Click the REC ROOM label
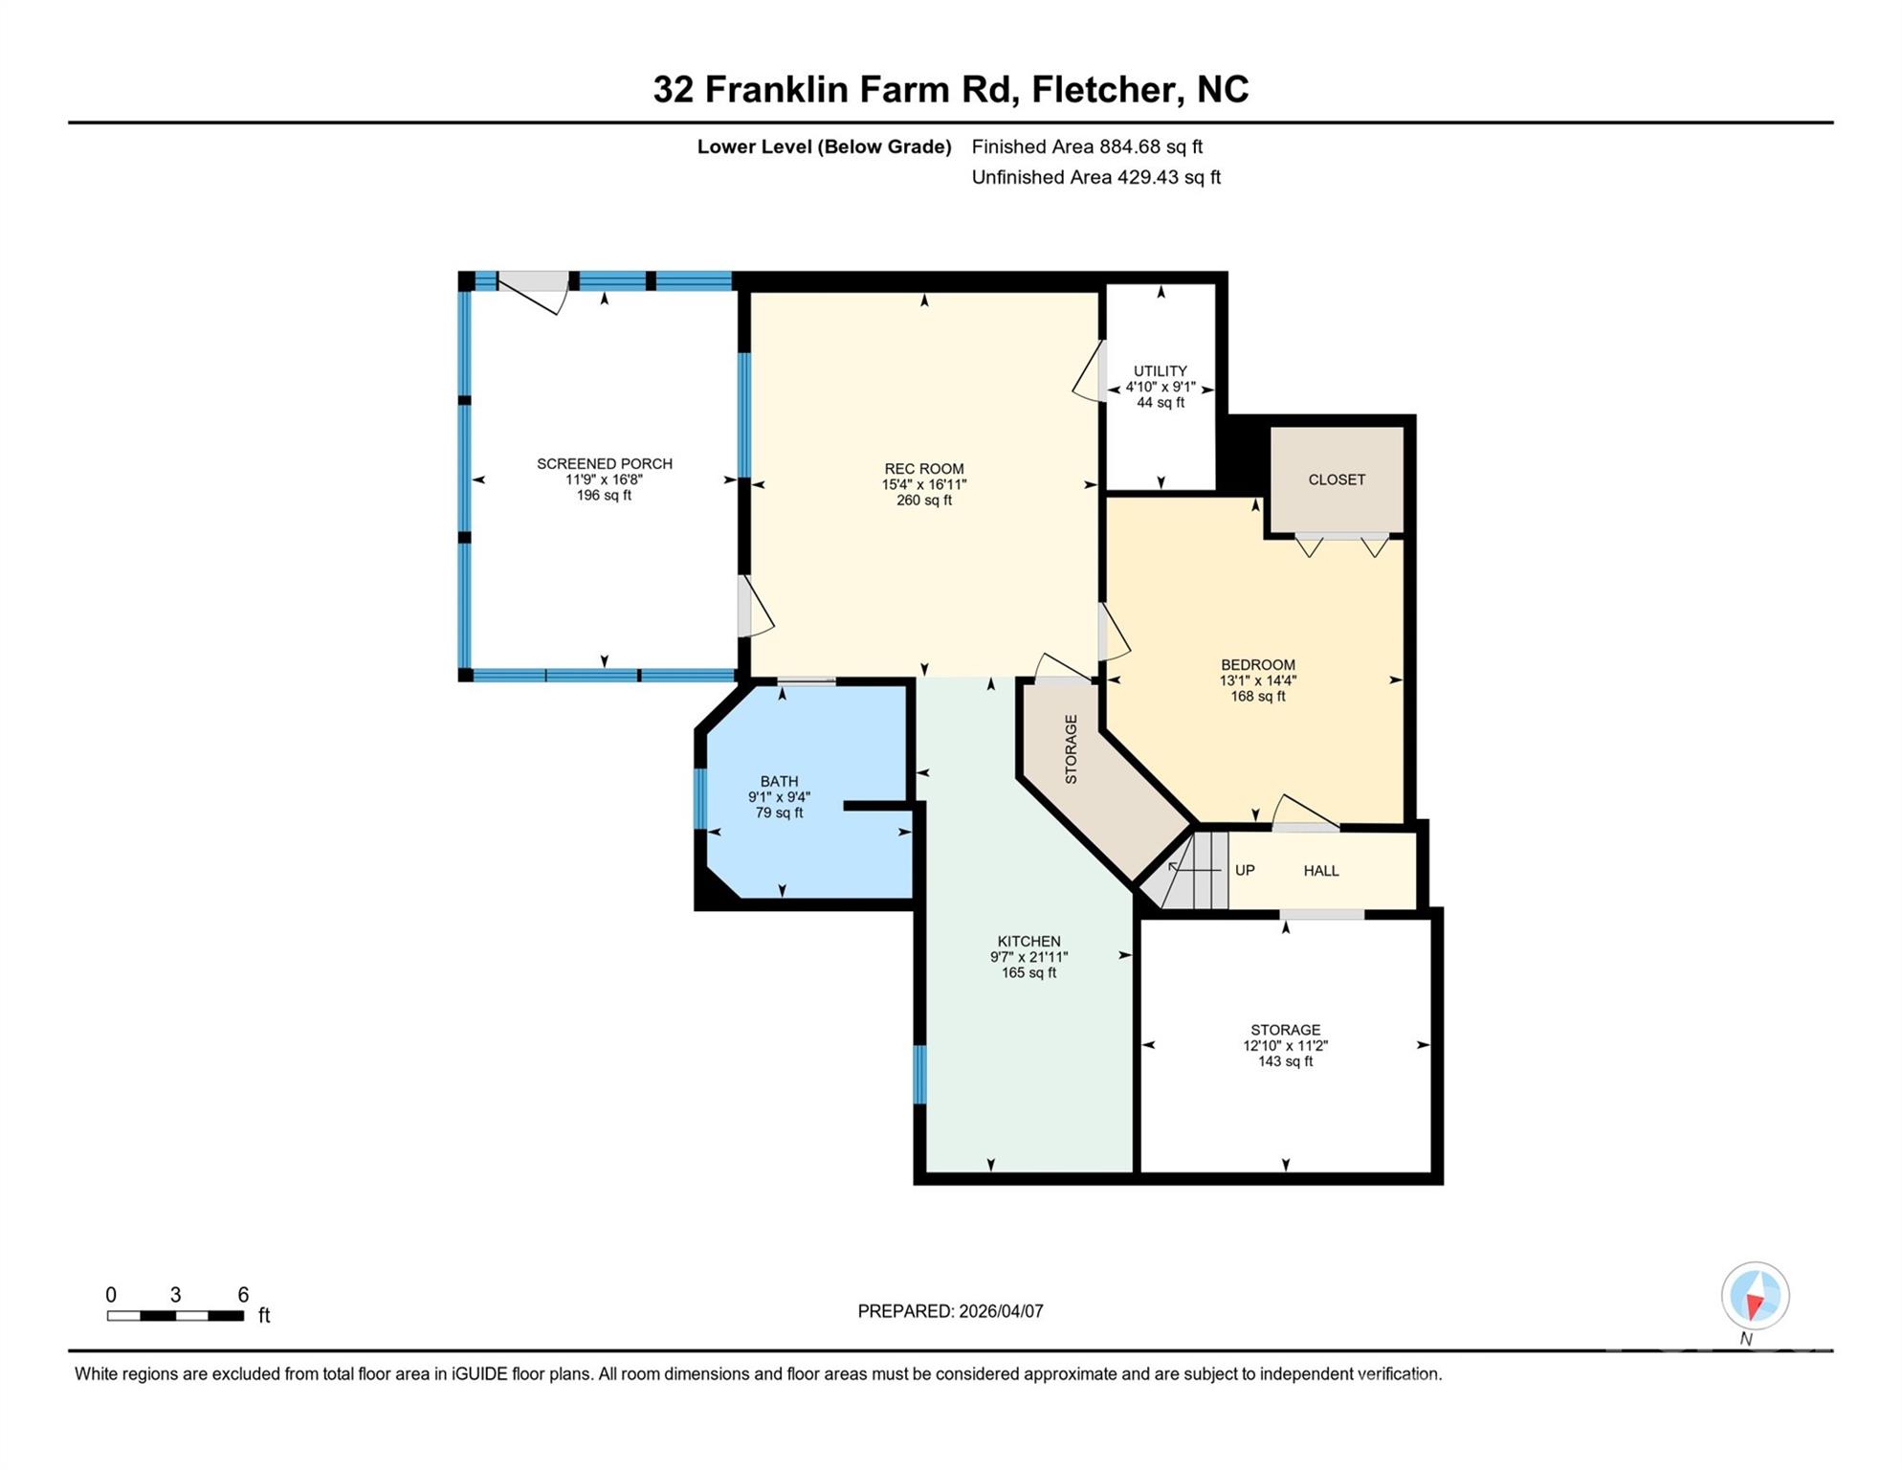point(923,469)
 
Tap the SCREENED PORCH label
point(604,464)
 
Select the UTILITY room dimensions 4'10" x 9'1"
point(1160,388)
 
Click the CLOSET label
point(1336,479)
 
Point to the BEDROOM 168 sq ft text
point(1257,697)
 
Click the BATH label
point(779,782)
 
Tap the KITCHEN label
point(1028,942)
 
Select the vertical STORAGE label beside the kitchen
point(1071,749)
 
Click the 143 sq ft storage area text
point(1285,1062)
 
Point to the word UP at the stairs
point(1244,871)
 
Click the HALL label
point(1320,871)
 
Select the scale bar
point(176,1316)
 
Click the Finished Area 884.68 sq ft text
point(1087,147)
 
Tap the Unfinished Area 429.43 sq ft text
point(1095,178)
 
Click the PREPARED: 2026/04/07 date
point(950,1312)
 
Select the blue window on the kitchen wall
point(919,1075)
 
